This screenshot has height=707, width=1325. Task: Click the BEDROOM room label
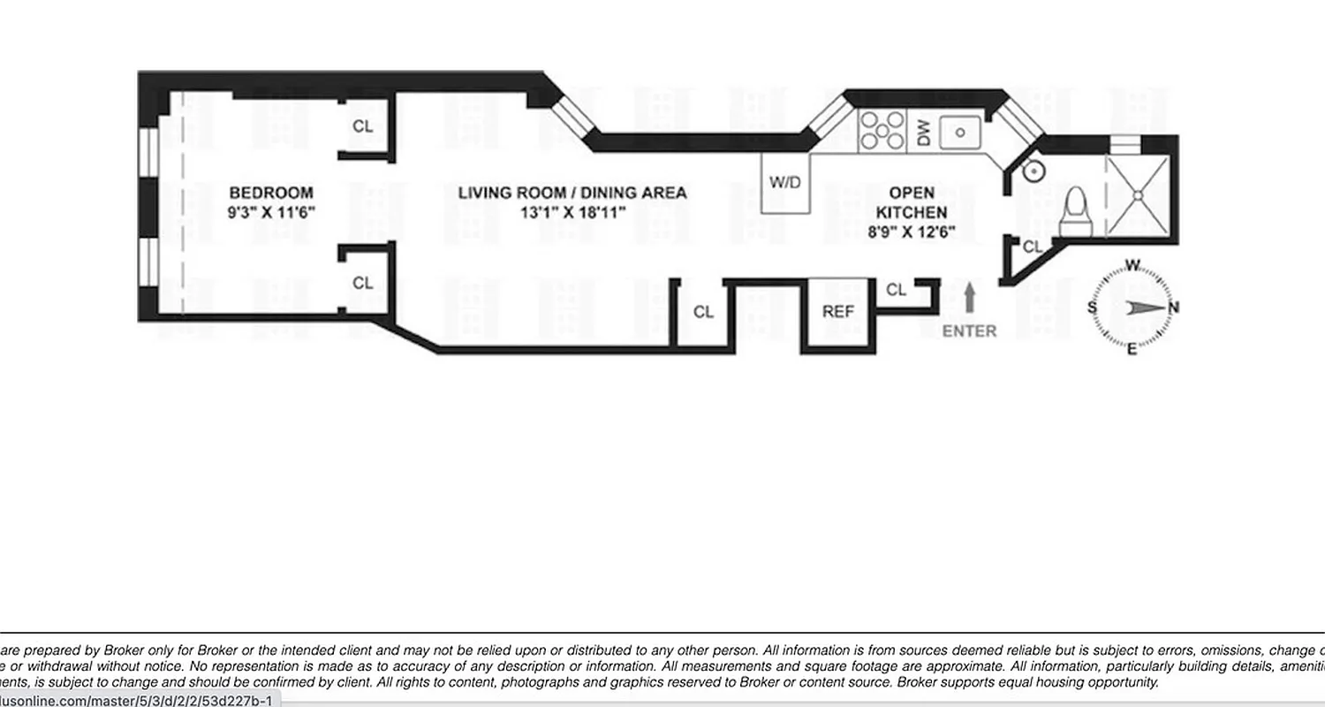[x=270, y=193]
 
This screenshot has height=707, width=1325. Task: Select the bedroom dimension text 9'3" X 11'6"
[x=270, y=213]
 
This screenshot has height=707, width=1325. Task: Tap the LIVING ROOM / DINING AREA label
[x=572, y=193]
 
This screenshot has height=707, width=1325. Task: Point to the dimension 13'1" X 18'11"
[x=572, y=213]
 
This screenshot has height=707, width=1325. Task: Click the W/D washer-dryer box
[x=785, y=183]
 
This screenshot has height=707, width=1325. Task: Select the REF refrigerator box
[x=837, y=312]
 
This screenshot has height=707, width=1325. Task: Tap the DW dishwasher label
[x=924, y=133]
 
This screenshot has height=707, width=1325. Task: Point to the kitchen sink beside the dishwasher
[x=960, y=133]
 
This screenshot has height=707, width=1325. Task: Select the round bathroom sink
[x=1033, y=171]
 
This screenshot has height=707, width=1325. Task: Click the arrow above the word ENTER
[x=969, y=297]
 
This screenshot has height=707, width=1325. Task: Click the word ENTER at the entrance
[x=969, y=331]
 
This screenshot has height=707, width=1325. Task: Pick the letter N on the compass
[x=1173, y=308]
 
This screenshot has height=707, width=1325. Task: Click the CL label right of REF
[x=896, y=290]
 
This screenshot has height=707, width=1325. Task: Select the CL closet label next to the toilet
[x=1032, y=248]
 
